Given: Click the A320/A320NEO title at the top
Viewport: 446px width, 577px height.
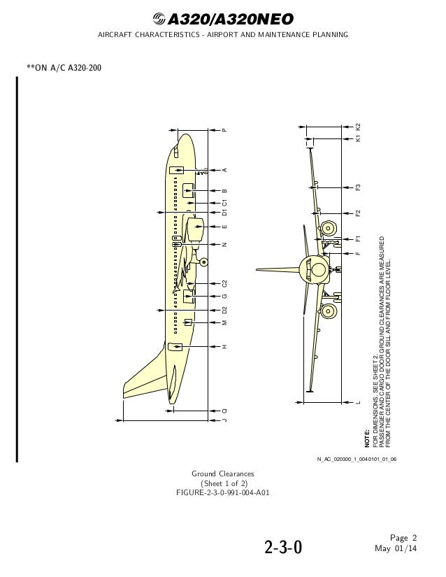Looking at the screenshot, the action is [230, 19].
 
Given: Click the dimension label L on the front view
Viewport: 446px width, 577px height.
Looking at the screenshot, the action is [357, 403].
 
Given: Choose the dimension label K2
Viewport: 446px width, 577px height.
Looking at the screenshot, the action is [357, 127].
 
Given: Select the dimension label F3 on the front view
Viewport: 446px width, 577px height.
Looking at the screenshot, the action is [357, 187].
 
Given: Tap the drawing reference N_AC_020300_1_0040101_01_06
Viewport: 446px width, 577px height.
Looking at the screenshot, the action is [357, 459].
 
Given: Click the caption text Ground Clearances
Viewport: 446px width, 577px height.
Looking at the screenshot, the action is [223, 473].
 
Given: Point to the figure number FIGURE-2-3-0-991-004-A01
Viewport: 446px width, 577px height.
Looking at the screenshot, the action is [223, 493].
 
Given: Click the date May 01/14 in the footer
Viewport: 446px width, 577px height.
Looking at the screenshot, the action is [396, 548].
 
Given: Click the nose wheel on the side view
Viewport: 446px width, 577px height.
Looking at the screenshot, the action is [204, 262].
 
